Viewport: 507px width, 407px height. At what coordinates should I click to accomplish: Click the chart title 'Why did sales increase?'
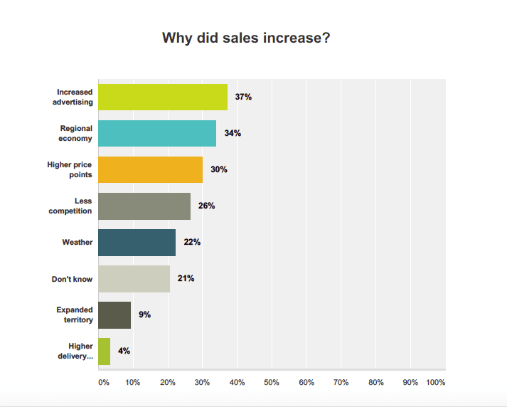(x=246, y=38)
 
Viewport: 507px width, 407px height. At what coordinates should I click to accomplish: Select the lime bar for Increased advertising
(x=162, y=97)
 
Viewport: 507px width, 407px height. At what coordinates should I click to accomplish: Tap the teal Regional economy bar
(x=156, y=133)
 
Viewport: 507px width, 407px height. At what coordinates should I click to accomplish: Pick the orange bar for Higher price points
(x=150, y=169)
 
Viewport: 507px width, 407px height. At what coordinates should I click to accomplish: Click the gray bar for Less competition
(x=144, y=206)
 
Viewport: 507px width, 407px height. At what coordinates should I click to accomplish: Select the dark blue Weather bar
(x=137, y=242)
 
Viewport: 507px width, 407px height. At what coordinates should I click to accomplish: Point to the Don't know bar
(x=134, y=278)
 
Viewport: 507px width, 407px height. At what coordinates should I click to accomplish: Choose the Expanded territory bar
(x=114, y=314)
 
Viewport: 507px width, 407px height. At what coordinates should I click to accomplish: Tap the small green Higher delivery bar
(x=104, y=351)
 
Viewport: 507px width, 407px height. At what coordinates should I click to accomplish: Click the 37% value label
(x=244, y=97)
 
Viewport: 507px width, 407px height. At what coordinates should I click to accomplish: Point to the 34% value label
(x=233, y=133)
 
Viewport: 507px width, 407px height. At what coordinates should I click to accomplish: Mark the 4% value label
(x=124, y=351)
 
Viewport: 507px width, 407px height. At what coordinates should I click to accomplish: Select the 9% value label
(x=144, y=314)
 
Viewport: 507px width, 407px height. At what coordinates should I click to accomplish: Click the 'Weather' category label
(x=78, y=242)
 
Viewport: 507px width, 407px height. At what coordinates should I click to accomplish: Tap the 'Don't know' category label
(x=73, y=279)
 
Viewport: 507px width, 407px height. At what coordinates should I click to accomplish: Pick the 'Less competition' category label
(x=71, y=206)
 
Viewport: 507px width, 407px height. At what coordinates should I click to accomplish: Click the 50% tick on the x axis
(x=271, y=383)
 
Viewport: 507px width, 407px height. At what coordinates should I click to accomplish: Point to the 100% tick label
(x=436, y=383)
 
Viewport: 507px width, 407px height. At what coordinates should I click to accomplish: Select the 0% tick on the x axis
(x=103, y=383)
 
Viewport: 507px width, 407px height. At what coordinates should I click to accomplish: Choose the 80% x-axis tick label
(x=375, y=383)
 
